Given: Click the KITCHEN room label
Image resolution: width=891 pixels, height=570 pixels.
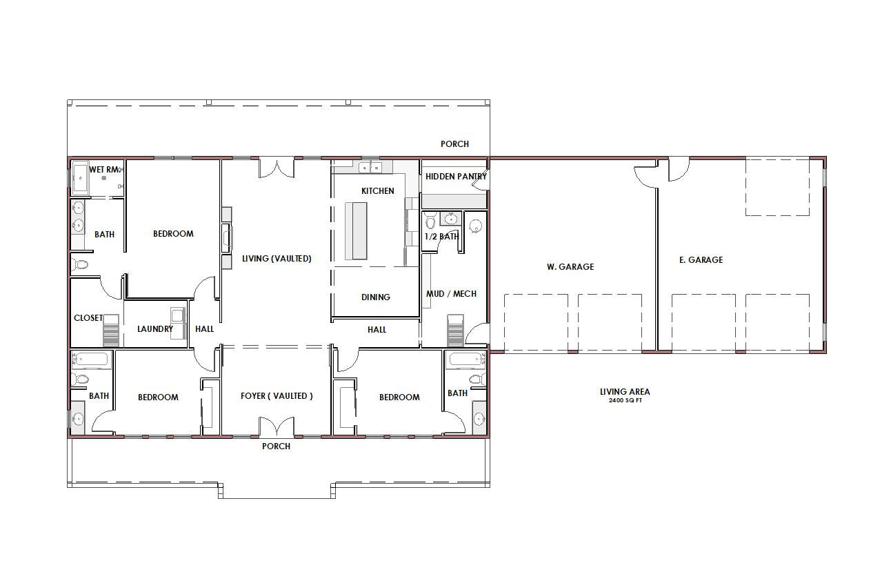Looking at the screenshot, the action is [x=377, y=191].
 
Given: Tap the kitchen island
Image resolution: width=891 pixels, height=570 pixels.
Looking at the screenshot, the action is [x=356, y=231].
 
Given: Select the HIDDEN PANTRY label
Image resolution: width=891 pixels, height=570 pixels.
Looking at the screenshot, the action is [x=456, y=177].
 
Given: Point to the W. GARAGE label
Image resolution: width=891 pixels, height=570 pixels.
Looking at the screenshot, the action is [x=570, y=266].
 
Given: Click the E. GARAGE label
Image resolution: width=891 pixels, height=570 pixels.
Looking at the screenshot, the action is [x=701, y=260].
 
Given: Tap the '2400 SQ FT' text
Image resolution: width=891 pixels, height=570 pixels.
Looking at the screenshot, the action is [x=625, y=400].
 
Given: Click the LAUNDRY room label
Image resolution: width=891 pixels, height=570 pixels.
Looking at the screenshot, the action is [x=155, y=328].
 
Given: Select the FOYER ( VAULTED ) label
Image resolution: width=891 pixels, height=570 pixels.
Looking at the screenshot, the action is [x=277, y=396].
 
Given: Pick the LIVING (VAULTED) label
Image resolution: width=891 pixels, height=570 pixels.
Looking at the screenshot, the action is [x=277, y=259].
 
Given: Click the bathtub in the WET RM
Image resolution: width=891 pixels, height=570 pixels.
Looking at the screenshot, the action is [x=81, y=178].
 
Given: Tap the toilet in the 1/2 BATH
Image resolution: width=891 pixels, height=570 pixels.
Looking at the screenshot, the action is [x=430, y=220].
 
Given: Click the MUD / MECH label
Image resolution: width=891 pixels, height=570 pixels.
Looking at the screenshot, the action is [x=451, y=294].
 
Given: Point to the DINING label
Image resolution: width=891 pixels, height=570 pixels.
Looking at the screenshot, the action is [x=375, y=297].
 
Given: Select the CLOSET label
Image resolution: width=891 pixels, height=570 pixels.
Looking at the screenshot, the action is [x=88, y=318].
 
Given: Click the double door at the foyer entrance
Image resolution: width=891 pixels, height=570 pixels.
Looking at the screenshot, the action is [x=277, y=426].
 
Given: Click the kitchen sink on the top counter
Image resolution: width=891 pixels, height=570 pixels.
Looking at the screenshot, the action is [x=370, y=167].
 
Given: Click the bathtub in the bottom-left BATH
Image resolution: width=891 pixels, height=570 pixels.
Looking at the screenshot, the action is [x=91, y=361].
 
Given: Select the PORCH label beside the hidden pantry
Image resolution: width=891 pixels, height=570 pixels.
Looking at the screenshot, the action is [x=454, y=144].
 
